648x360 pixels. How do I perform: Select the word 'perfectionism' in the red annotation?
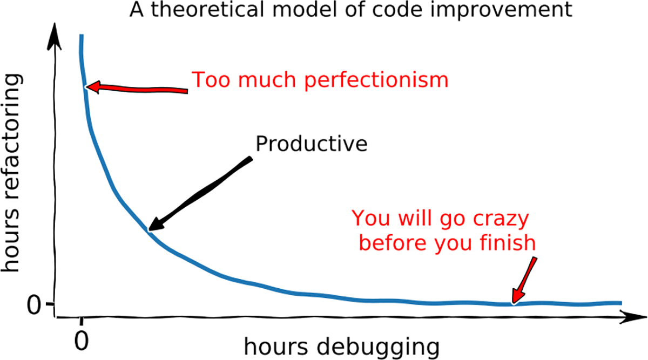(x=376, y=80)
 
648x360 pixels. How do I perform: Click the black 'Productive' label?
(x=312, y=144)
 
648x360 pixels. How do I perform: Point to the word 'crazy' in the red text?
(x=501, y=220)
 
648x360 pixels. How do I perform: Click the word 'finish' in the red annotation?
(x=508, y=242)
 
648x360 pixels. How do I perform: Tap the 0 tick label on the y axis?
(x=34, y=305)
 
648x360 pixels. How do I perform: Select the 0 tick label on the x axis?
(x=82, y=341)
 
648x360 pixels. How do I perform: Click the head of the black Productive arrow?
(x=156, y=225)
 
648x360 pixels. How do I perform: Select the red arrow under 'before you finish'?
(x=524, y=281)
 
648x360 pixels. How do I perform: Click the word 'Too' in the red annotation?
(x=211, y=80)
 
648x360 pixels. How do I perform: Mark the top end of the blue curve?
(x=82, y=35)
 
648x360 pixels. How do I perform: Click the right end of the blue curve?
(x=621, y=303)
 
